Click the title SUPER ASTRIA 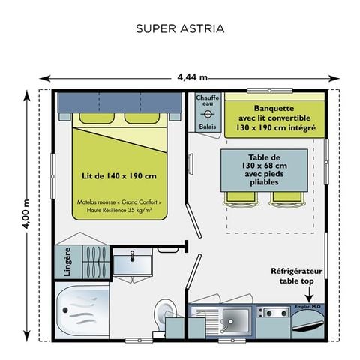pos(180,29)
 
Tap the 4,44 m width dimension pos(193,77)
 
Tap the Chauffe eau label pos(208,101)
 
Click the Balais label pos(208,128)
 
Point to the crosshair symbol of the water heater pos(208,115)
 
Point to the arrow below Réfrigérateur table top pos(304,290)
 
